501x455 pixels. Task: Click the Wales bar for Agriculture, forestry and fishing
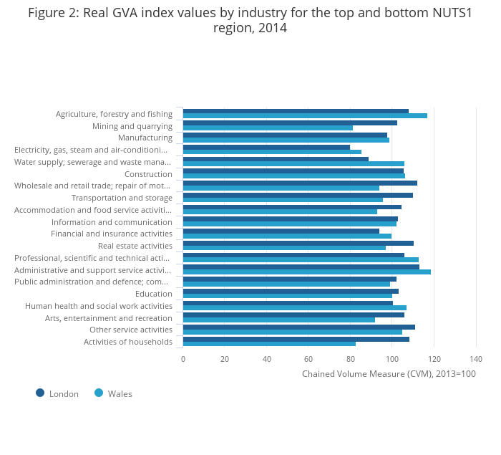tap(305, 116)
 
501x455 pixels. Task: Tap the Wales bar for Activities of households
tap(269, 344)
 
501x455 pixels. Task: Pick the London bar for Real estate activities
tap(298, 244)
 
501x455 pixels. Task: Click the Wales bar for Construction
tap(293, 176)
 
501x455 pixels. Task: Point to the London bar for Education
tap(291, 292)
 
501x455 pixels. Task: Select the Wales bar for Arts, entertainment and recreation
tap(278, 320)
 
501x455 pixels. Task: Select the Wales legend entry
tap(114, 393)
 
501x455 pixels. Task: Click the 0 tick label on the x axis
tap(183, 359)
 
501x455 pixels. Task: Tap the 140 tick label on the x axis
tap(476, 359)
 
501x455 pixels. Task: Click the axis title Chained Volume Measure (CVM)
tap(389, 373)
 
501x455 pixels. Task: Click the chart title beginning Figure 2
tap(250, 20)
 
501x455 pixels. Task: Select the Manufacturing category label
tap(145, 138)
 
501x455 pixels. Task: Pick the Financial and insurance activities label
tap(112, 234)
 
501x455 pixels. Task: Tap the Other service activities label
tap(131, 330)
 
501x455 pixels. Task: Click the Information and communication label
tap(112, 221)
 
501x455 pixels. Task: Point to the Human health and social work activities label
tap(99, 306)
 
